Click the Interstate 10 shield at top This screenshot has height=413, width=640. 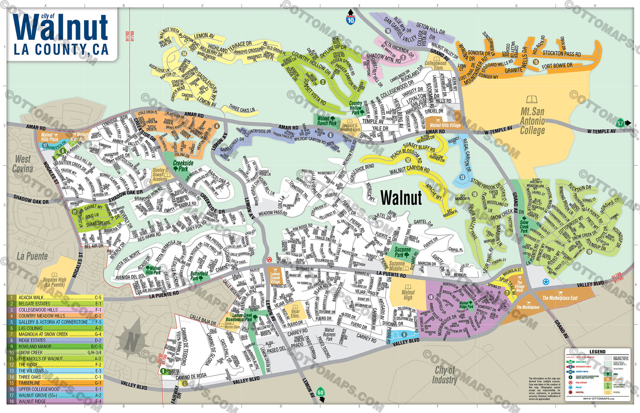(x=350, y=20)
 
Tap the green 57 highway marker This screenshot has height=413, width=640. (x=620, y=123)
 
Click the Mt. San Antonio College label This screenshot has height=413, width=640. (x=532, y=120)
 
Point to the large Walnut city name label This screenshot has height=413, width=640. (x=401, y=198)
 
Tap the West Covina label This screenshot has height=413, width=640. (x=23, y=164)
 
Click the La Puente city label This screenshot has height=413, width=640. (x=32, y=256)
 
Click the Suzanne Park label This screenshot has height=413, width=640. (x=402, y=252)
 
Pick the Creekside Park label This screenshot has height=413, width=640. (x=183, y=166)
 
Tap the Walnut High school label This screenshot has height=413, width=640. (x=408, y=295)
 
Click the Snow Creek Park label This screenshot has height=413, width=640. (x=524, y=227)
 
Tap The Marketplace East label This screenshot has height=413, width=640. (x=560, y=298)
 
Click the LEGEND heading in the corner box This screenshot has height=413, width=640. (x=597, y=352)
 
